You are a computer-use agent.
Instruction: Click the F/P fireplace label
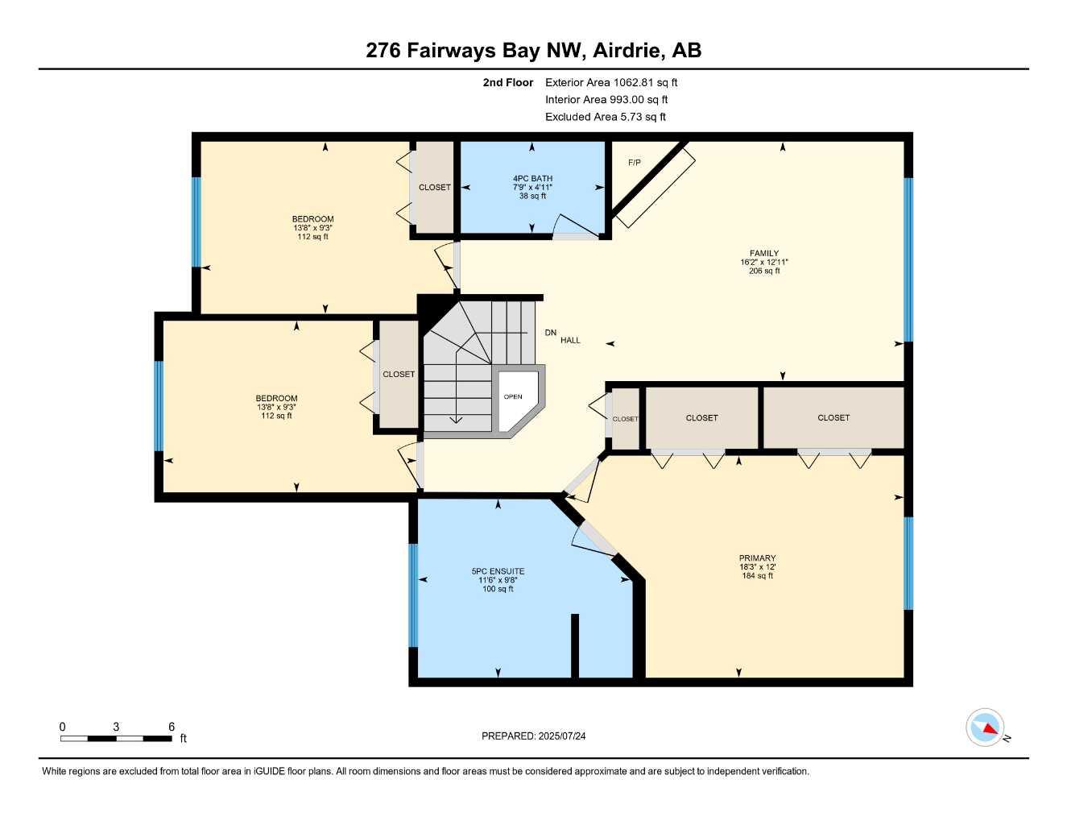click(635, 163)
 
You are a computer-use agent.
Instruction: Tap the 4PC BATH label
click(532, 179)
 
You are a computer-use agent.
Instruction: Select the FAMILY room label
click(763, 254)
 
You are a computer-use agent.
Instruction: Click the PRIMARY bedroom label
click(757, 558)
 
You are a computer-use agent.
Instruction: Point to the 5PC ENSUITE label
click(498, 572)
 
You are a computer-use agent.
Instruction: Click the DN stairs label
click(550, 333)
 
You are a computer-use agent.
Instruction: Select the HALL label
click(570, 341)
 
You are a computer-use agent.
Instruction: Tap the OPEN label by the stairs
click(513, 396)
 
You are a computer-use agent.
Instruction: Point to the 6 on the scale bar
click(172, 727)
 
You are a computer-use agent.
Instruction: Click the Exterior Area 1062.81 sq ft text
click(611, 82)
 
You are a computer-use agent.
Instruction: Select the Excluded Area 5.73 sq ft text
click(605, 117)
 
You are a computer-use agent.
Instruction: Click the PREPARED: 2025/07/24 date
click(533, 736)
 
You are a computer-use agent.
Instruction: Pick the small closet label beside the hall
click(625, 419)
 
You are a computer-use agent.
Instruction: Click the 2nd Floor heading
click(507, 82)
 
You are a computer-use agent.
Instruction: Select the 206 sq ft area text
click(763, 272)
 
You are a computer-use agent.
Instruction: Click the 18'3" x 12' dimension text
click(757, 567)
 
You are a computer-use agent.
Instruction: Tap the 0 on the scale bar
click(63, 727)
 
